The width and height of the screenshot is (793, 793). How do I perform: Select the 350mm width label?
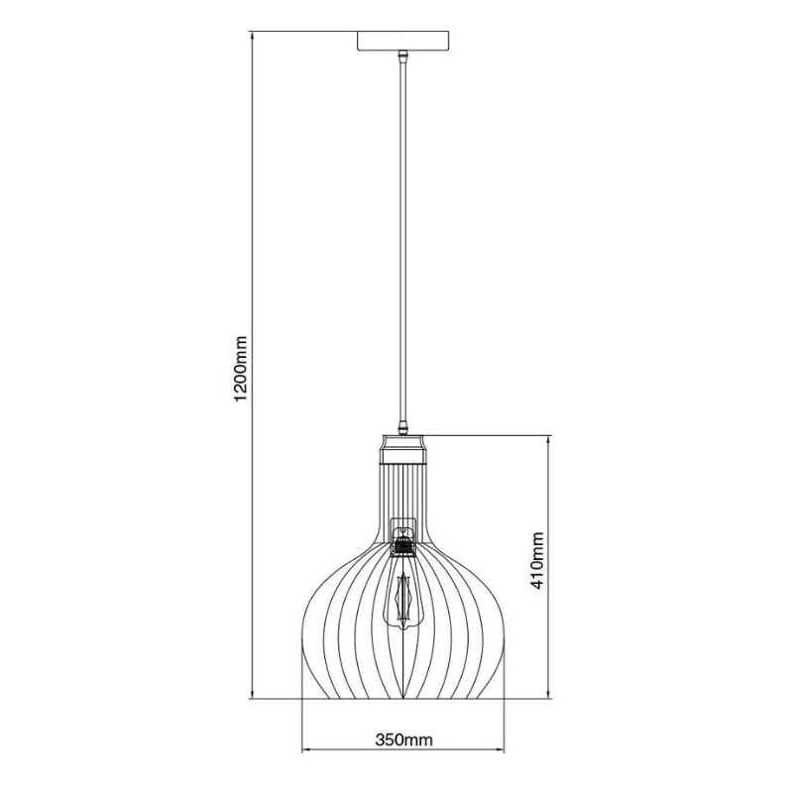(404, 739)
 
